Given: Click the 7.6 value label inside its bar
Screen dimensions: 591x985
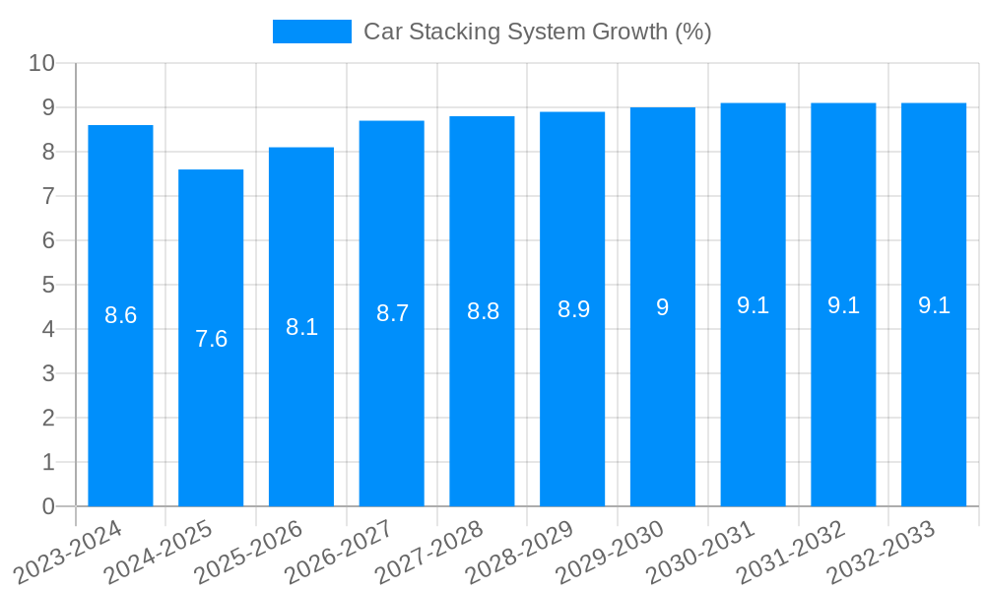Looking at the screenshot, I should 211,339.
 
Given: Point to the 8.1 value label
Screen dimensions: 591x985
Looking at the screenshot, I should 301,327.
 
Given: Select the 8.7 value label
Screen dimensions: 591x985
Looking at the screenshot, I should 392,313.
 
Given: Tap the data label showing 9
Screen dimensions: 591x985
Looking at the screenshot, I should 663,307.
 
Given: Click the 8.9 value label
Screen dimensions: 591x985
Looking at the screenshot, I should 572,309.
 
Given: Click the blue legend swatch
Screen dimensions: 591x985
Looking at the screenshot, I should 311,32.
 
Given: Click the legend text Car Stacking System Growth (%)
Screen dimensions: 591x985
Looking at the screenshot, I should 537,32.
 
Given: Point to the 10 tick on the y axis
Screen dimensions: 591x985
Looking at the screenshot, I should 41,63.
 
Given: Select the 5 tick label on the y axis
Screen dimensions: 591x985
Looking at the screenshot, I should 48,285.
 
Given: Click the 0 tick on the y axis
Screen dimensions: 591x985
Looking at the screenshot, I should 48,506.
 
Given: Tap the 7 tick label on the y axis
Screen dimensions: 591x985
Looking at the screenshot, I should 48,196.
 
